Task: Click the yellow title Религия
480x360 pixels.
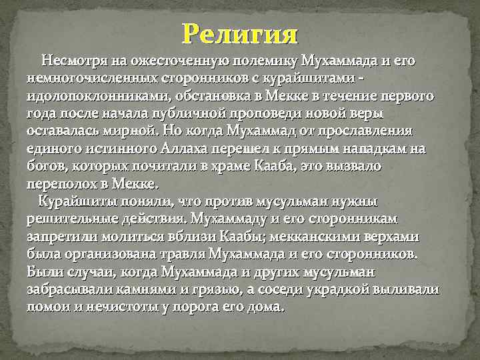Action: click(240, 33)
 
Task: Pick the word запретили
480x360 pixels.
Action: click(61, 236)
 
